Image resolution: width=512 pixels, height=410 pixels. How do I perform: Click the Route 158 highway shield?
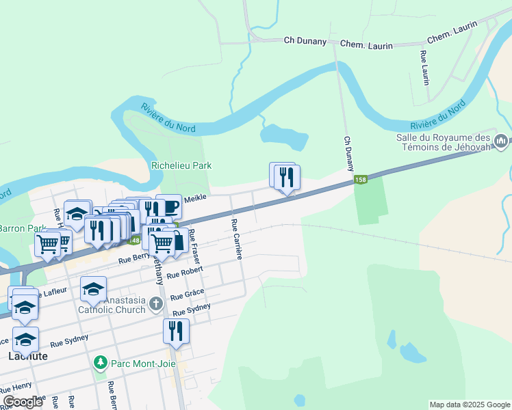(361, 180)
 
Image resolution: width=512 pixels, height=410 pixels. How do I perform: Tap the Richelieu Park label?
(181, 165)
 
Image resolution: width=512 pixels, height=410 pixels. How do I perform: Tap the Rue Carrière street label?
(237, 238)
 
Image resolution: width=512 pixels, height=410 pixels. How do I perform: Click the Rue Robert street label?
(185, 273)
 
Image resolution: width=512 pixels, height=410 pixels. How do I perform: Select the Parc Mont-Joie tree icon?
(101, 361)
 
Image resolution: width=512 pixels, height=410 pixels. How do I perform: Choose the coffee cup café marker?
(169, 206)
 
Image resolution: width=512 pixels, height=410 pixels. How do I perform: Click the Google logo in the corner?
(23, 402)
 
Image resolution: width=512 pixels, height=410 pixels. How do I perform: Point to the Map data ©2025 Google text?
(469, 405)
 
